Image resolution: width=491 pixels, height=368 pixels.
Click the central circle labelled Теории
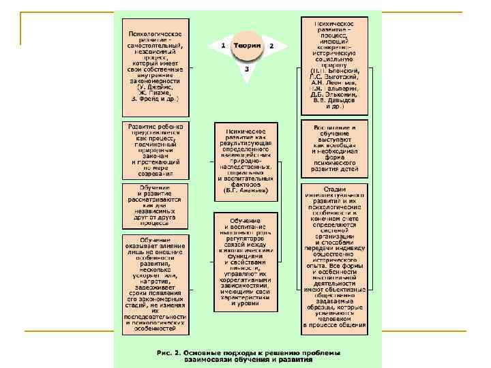pyautogui.click(x=246, y=46)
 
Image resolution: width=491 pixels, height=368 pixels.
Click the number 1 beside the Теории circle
pyautogui.click(x=223, y=45)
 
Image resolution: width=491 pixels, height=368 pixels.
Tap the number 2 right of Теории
pyautogui.click(x=271, y=46)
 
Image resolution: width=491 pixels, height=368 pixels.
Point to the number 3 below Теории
pyautogui.click(x=246, y=69)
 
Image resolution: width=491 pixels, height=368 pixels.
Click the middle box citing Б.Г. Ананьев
pyautogui.click(x=246, y=161)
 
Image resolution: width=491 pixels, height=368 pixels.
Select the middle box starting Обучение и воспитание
pyautogui.click(x=246, y=262)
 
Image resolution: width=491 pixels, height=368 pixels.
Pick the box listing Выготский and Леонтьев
pyautogui.click(x=335, y=66)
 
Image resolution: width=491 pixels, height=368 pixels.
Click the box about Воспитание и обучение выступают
pyautogui.click(x=335, y=149)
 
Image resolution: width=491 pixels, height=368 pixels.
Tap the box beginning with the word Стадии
pyautogui.click(x=335, y=258)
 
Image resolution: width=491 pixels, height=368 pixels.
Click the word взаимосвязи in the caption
pyautogui.click(x=207, y=360)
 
